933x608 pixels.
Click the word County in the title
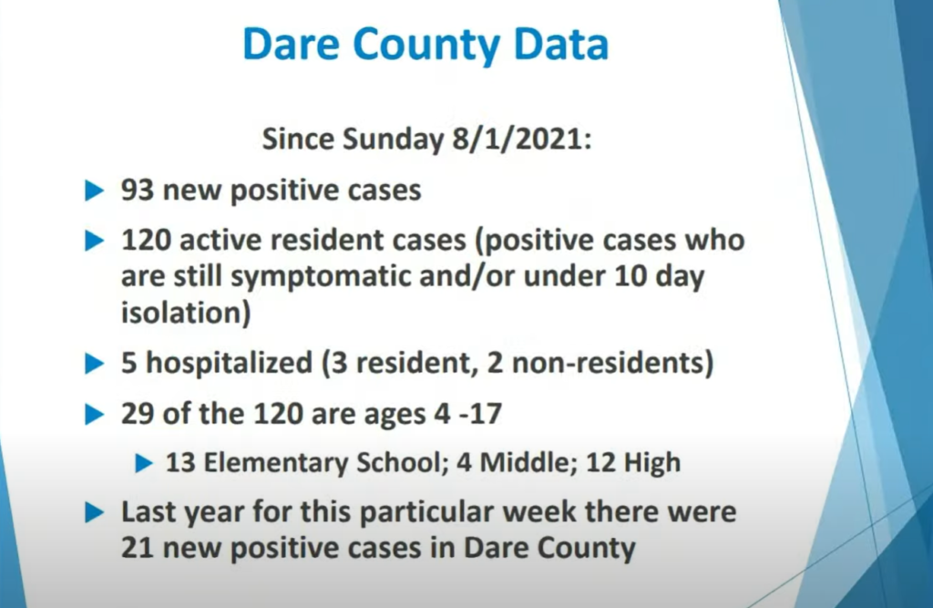(427, 46)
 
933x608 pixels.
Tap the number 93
(138, 191)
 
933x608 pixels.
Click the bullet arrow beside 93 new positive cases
(95, 191)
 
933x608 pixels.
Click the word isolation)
(186, 312)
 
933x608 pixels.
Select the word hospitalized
(229, 363)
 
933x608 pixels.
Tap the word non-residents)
(612, 363)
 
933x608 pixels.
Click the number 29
(138, 413)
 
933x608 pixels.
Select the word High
(652, 463)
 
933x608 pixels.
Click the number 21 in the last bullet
(138, 548)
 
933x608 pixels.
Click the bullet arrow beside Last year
(95, 512)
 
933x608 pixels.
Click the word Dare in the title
(292, 45)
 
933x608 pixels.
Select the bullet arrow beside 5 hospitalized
(95, 364)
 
